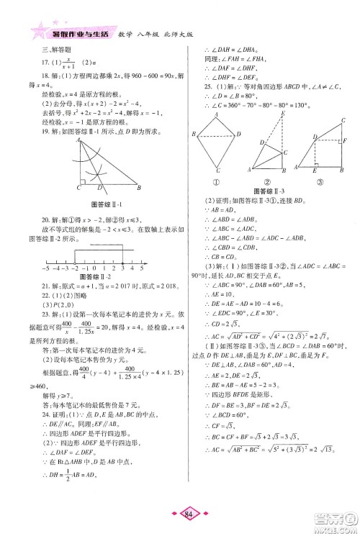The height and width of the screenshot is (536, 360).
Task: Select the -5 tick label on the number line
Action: coord(45,266)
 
